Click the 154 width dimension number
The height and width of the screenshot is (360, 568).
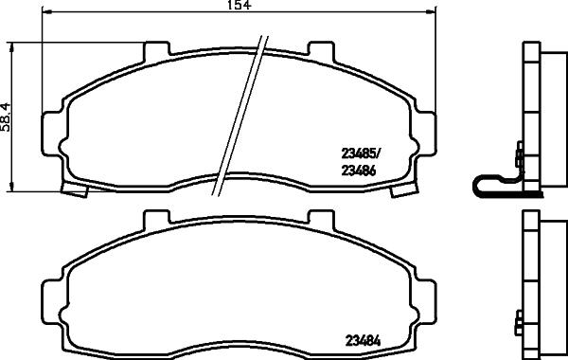click(x=219, y=7)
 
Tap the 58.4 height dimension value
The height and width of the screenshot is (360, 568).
click(x=6, y=117)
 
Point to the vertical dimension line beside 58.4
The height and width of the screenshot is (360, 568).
click(x=10, y=117)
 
